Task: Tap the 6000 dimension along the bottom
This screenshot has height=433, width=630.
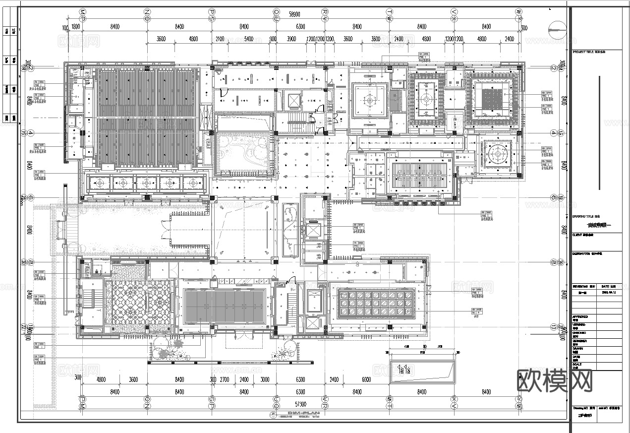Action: point(366,379)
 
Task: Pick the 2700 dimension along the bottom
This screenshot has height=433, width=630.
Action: point(225,379)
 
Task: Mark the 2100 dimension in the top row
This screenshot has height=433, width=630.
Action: point(220,39)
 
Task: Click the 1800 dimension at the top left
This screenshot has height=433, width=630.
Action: point(76,26)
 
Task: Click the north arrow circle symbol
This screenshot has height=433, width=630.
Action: point(558,32)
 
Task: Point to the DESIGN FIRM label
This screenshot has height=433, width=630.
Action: point(584,253)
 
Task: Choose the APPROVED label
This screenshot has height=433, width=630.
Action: point(580,316)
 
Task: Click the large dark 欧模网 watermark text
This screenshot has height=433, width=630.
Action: point(555,381)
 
